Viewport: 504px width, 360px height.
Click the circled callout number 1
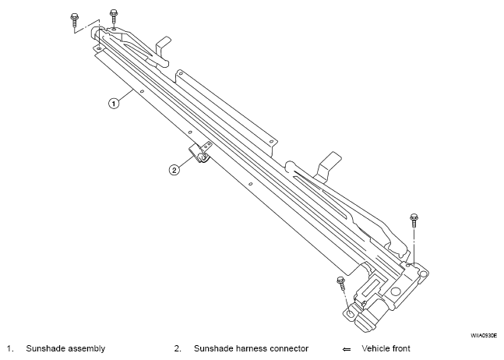coord(114,104)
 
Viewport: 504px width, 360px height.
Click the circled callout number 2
coord(174,170)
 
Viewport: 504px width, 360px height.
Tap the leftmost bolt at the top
coord(74,20)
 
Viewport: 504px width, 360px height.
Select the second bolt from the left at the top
coord(114,16)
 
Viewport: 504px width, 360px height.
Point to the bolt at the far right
coord(414,221)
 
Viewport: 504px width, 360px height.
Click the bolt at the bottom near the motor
coord(341,283)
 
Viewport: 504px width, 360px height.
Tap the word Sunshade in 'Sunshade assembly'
coord(44,348)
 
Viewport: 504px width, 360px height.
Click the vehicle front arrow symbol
coord(347,349)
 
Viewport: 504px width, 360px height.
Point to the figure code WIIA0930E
coord(484,336)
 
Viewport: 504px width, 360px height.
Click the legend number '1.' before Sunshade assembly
coord(10,348)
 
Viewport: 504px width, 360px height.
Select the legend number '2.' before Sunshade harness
coord(178,348)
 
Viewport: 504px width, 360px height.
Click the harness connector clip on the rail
coord(199,153)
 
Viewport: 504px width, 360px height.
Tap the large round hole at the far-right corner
coord(424,274)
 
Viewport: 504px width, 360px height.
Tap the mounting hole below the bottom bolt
coord(351,312)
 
